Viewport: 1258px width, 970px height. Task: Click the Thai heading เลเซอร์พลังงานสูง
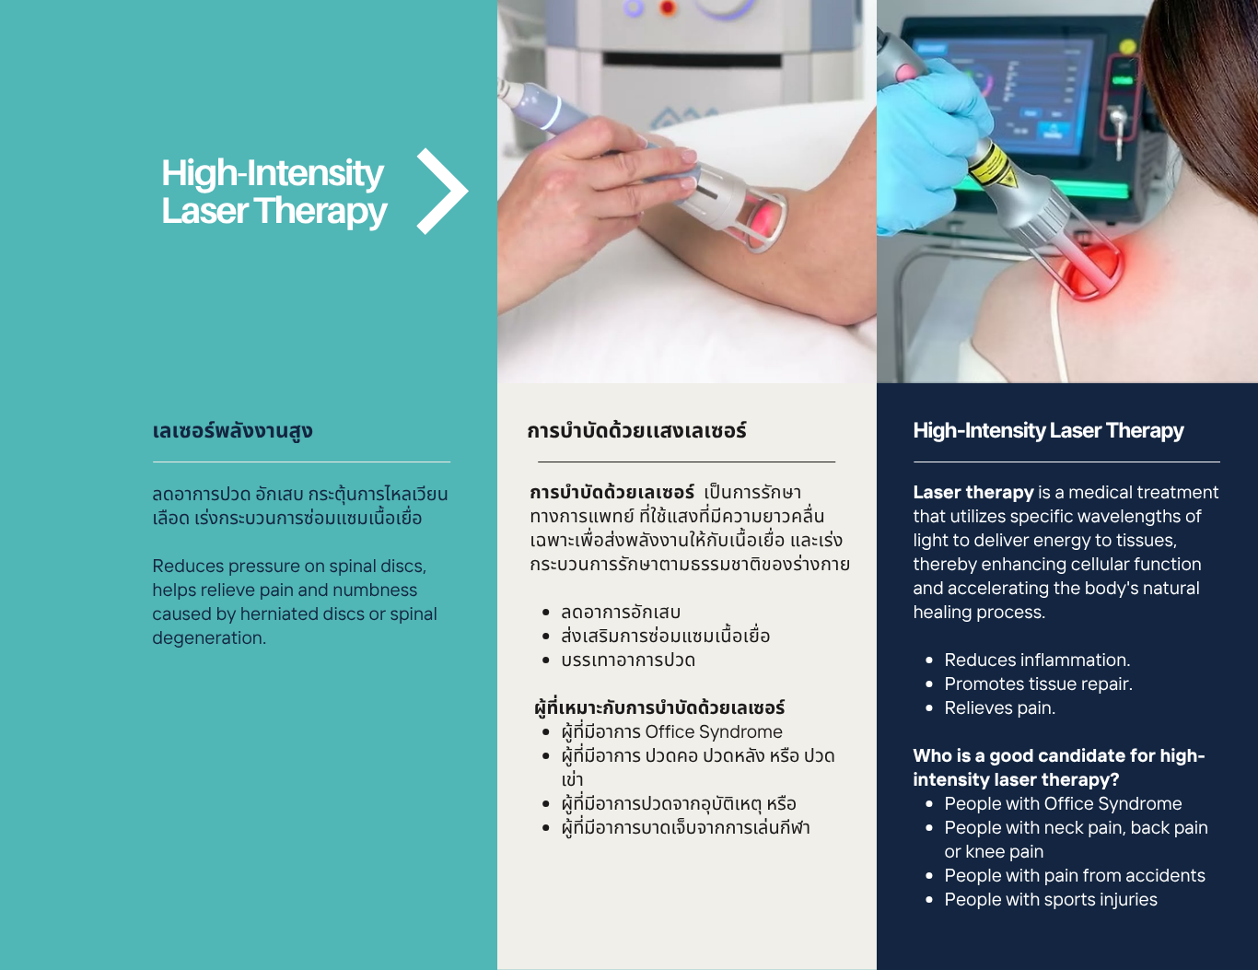(232, 431)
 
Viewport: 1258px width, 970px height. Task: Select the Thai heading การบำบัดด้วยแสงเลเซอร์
(636, 431)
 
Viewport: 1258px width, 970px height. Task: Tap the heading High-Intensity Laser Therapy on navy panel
(1048, 431)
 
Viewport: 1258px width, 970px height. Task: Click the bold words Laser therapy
(973, 492)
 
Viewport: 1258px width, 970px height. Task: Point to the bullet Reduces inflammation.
(1037, 660)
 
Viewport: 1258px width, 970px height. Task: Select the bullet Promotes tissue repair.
(1038, 684)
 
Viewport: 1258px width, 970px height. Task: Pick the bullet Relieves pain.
(1000, 707)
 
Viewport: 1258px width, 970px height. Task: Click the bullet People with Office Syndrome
(1063, 804)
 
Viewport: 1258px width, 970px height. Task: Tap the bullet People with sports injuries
(1051, 899)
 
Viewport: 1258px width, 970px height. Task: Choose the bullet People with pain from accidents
(1075, 876)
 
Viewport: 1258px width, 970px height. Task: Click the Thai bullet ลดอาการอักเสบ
(621, 612)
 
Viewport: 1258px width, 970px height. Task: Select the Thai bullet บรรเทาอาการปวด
(628, 660)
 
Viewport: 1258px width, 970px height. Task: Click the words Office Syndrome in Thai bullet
(713, 732)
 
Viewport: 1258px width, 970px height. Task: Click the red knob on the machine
(668, 8)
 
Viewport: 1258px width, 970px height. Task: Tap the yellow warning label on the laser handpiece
(991, 164)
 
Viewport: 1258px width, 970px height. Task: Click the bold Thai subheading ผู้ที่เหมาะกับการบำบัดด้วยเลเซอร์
(659, 707)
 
